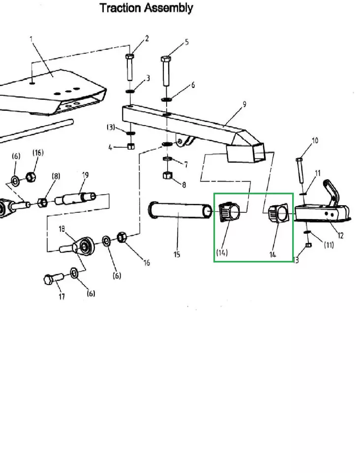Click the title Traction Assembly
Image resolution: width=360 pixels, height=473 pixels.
pyautogui.click(x=146, y=8)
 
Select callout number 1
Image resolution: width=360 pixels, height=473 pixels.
pyautogui.click(x=31, y=39)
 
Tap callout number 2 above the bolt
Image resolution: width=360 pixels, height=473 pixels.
pyautogui.click(x=147, y=38)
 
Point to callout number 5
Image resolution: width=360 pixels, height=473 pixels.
pyautogui.click(x=187, y=42)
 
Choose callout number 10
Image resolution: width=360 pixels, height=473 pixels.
pyautogui.click(x=315, y=140)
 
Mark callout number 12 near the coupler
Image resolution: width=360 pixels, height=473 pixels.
pyautogui.click(x=341, y=235)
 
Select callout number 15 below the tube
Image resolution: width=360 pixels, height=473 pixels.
pyautogui.click(x=177, y=254)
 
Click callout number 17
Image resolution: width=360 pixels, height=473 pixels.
pyautogui.click(x=61, y=297)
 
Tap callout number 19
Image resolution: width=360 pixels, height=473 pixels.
pyautogui.click(x=85, y=175)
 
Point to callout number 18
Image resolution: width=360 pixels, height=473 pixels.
pyautogui.click(x=62, y=228)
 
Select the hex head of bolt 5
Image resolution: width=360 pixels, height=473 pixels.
pyautogui.click(x=166, y=61)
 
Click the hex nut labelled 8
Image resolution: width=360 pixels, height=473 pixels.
pyautogui.click(x=167, y=176)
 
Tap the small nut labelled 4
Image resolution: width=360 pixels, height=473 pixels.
pyautogui.click(x=131, y=146)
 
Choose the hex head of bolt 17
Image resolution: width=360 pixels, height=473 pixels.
pyautogui.click(x=49, y=281)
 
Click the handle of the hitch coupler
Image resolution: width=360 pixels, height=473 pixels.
pyautogui.click(x=330, y=189)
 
